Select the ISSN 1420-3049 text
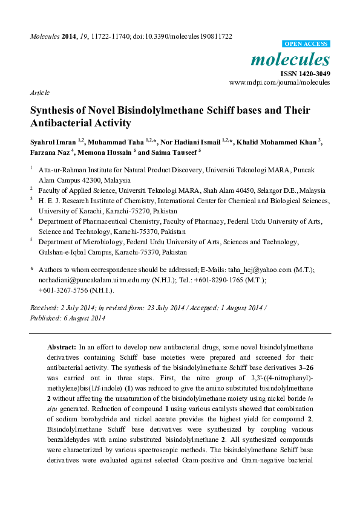coord(305,74)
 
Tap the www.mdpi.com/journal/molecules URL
coord(280,82)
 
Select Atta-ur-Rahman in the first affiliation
coord(63,170)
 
